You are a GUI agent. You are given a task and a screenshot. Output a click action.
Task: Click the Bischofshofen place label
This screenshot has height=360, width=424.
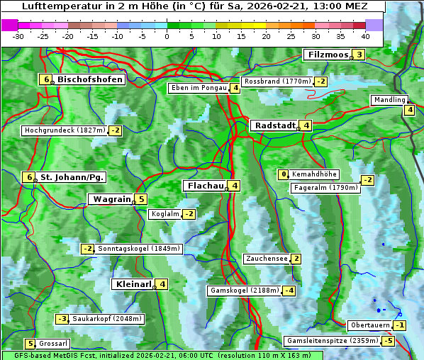point(90,80)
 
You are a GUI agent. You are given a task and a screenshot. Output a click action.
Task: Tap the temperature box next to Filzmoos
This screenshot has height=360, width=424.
point(359,55)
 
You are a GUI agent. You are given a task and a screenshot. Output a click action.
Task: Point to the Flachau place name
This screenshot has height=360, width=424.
point(205,186)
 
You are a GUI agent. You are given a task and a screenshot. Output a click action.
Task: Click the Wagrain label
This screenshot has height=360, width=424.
point(112,200)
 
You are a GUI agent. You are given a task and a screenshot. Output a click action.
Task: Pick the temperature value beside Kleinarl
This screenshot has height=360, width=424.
point(163,285)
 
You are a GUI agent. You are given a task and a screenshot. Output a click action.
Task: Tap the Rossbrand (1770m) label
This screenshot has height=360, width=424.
point(277,81)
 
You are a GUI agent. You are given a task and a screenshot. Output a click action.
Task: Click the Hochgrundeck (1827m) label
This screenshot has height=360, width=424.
point(65,130)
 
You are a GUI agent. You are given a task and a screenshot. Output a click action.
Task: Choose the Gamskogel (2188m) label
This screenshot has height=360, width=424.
point(244,291)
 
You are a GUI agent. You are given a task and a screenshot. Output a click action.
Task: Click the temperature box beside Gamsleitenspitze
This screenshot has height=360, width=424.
point(388,341)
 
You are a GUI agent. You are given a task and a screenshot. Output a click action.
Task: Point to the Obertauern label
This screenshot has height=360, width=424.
point(370,325)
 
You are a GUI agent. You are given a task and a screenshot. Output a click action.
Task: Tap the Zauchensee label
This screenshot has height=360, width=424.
point(267,259)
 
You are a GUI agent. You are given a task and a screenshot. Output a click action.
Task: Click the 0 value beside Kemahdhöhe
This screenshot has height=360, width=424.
point(284,174)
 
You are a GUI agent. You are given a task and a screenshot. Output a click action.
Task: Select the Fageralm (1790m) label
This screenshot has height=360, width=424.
point(325,188)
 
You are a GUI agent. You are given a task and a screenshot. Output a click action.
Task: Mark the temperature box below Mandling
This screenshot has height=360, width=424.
point(409,110)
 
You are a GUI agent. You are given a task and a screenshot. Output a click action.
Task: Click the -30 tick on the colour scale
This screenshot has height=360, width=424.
point(18,35)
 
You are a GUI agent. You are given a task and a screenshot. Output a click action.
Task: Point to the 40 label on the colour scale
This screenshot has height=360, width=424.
point(365,35)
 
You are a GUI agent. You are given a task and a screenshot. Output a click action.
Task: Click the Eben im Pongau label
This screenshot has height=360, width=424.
point(198,89)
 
